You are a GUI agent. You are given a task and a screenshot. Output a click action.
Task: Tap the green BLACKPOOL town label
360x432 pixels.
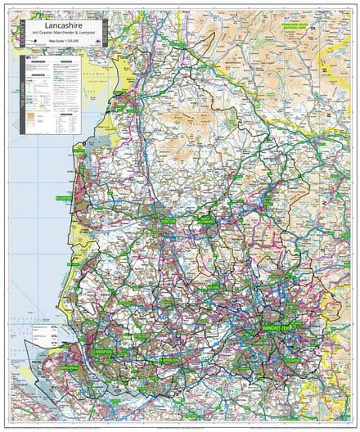[65, 198]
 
